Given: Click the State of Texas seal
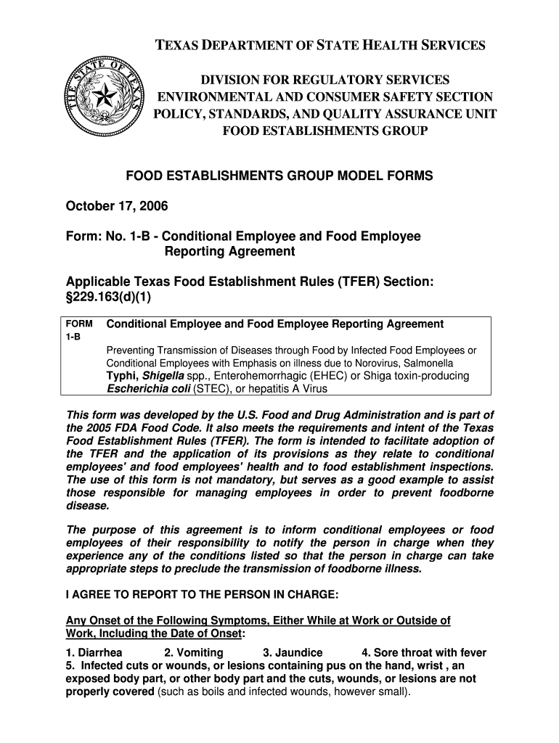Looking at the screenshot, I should click(103, 97).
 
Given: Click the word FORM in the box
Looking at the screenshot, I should click(78, 324).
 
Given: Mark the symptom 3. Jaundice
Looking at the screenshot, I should click(293, 652).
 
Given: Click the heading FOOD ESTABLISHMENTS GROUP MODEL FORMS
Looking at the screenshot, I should click(279, 176).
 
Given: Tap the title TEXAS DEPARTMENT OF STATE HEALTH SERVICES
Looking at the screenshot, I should click(320, 46).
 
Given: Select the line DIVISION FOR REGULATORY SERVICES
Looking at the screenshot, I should click(325, 79).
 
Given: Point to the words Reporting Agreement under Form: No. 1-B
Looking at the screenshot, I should click(229, 252).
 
